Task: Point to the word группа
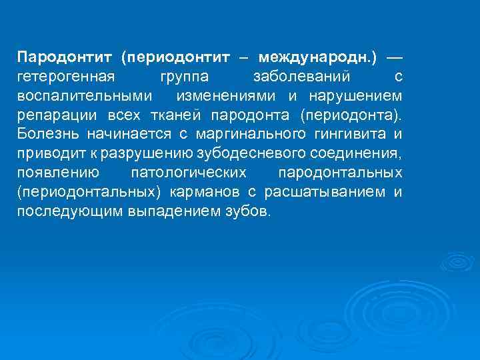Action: (x=183, y=77)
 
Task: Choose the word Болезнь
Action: (x=47, y=135)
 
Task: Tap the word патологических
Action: (x=189, y=173)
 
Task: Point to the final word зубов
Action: (x=249, y=212)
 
